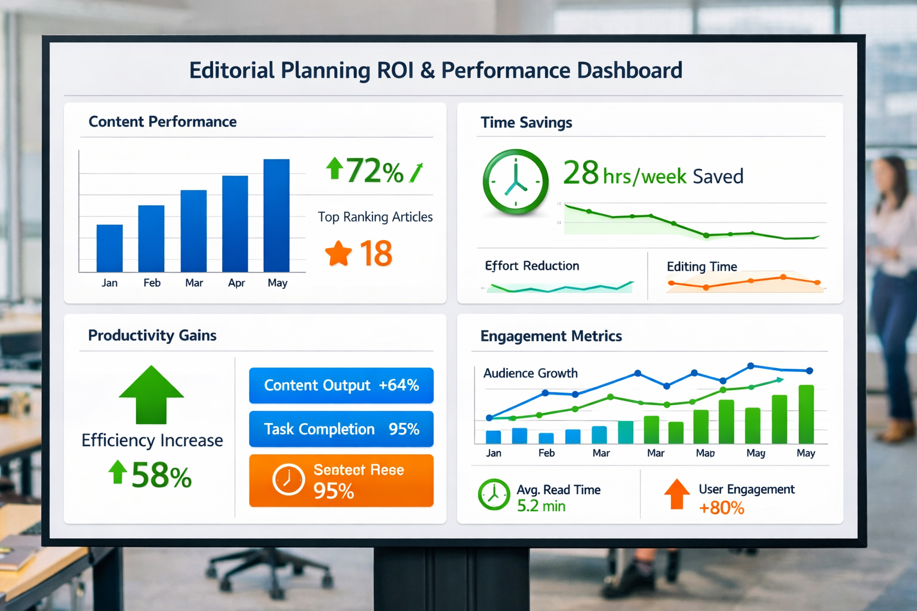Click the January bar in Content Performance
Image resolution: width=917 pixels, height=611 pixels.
pos(109,248)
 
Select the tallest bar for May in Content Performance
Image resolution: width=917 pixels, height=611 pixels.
pos(276,215)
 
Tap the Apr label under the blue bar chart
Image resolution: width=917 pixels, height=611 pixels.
pos(236,283)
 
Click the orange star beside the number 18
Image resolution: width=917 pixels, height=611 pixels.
pos(339,254)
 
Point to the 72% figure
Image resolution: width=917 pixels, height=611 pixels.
pos(374,171)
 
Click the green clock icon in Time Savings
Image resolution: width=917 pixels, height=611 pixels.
pos(515,182)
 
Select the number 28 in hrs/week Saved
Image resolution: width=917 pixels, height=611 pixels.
pos(580,174)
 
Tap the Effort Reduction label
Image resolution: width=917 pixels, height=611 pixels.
pos(532,266)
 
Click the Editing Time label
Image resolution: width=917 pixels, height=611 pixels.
pos(701,267)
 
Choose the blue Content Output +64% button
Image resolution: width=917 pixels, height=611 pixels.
pos(341,385)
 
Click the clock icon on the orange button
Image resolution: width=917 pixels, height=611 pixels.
pos(288,480)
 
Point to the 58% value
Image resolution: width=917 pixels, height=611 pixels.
pos(161,476)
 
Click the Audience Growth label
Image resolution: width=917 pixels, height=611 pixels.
pos(530,374)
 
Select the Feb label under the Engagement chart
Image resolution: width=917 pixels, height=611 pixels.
pos(546,453)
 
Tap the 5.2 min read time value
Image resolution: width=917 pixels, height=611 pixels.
pos(541,507)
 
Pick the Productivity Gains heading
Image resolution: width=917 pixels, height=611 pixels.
pos(152,335)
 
